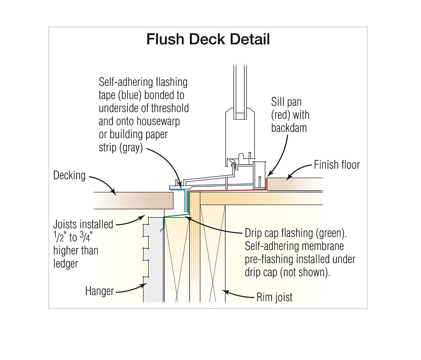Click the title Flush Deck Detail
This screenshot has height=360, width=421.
(x=208, y=40)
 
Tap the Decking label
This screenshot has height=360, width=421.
(x=69, y=175)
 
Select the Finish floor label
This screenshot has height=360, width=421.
(x=337, y=165)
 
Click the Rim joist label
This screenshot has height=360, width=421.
(x=274, y=298)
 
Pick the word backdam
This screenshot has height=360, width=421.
(x=289, y=128)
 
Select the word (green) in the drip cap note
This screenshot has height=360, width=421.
(x=330, y=233)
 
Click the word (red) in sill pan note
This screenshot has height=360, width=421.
(x=281, y=115)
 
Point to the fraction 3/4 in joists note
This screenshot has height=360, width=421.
(x=89, y=238)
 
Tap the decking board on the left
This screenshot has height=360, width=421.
(x=135, y=200)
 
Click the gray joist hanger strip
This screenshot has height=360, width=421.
(x=154, y=261)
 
